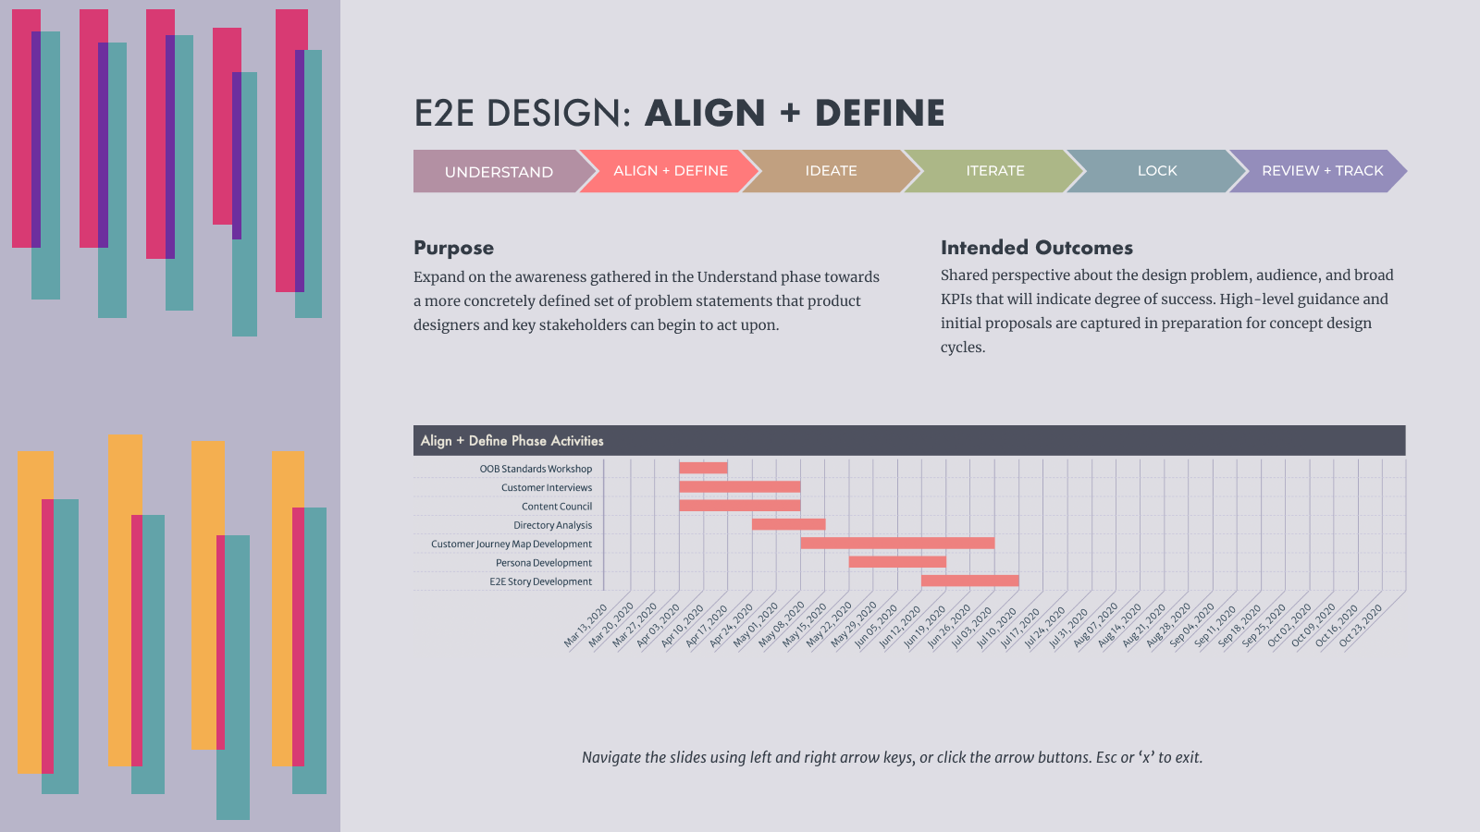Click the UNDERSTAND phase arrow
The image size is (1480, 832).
click(x=499, y=171)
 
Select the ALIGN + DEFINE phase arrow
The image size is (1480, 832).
click(x=670, y=171)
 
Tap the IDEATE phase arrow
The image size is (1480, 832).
click(x=832, y=171)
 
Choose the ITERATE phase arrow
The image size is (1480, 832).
click(x=994, y=171)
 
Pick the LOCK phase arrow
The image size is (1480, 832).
click(x=1157, y=171)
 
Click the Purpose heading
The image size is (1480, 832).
click(x=454, y=248)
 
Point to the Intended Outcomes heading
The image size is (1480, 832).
click(x=1037, y=248)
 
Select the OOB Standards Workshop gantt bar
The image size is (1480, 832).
click(x=703, y=468)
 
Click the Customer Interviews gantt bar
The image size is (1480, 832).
click(x=740, y=486)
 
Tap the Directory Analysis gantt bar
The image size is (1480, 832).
click(x=789, y=524)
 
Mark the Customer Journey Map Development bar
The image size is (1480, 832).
click(x=897, y=544)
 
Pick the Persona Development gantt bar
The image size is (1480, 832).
click(x=897, y=562)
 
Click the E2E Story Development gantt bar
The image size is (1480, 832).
click(x=970, y=581)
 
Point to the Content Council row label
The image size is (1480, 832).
click(x=557, y=507)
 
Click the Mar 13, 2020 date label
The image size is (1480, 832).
click(x=586, y=626)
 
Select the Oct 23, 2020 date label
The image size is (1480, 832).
click(x=1361, y=626)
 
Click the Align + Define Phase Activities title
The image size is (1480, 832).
click(x=512, y=440)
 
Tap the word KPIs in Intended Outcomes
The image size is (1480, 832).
click(x=956, y=300)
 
